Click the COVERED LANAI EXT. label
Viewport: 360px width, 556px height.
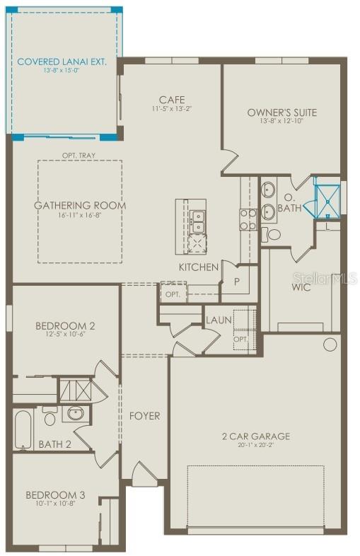coord(62,62)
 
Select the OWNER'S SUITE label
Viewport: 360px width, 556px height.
coord(281,112)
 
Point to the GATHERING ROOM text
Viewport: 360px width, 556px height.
coord(80,206)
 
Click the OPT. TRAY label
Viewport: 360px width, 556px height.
coord(79,155)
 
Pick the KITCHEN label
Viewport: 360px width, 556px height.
coord(198,267)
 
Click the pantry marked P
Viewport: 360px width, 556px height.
coord(238,280)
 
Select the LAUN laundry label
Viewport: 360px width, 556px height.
coord(219,320)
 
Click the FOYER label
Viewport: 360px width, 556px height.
coord(144,415)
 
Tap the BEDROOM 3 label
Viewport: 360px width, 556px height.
coord(55,494)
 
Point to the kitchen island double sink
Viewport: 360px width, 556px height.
coord(198,221)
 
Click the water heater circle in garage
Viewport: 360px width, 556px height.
coord(330,344)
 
